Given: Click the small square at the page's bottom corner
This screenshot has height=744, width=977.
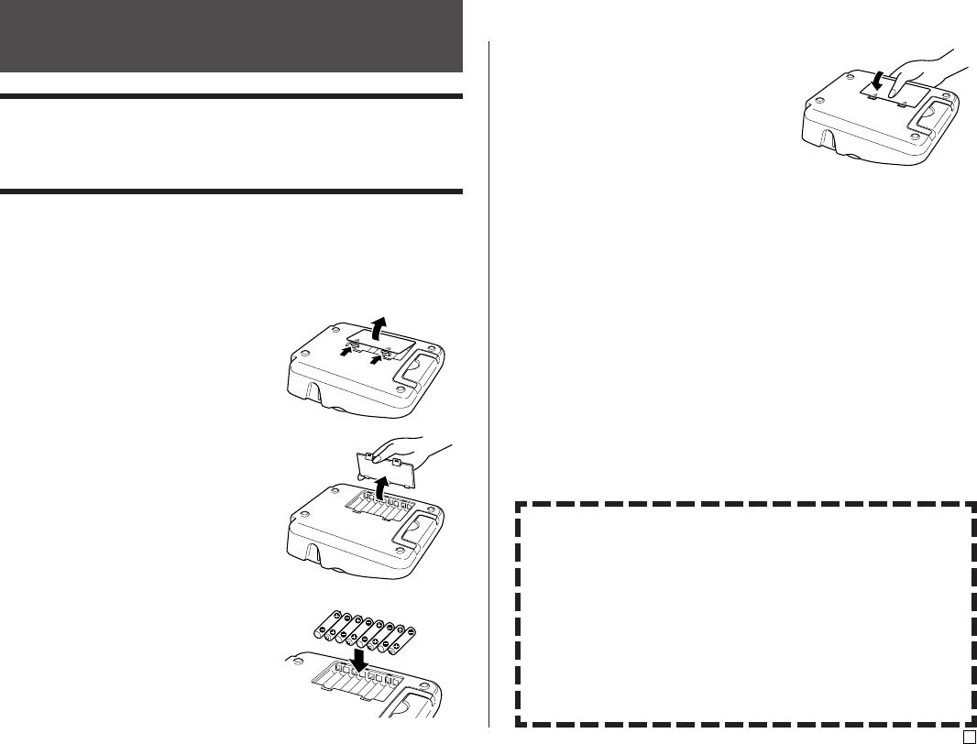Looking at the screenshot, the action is (968, 736).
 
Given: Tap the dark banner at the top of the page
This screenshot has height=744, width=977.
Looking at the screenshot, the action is (231, 36).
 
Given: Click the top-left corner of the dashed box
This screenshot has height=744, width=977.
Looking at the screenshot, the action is (517, 504).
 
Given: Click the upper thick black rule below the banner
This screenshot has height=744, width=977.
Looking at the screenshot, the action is (231, 96).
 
